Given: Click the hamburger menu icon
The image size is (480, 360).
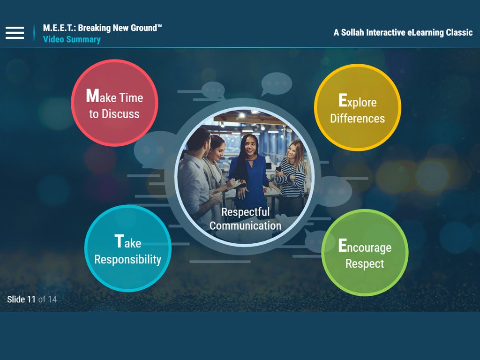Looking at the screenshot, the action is pyautogui.click(x=15, y=33).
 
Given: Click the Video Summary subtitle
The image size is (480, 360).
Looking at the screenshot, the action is pyautogui.click(x=72, y=39).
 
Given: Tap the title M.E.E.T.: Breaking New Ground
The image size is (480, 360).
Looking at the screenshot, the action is pyautogui.click(x=102, y=28).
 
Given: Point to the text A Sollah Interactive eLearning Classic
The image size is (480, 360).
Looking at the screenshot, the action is pyautogui.click(x=403, y=32).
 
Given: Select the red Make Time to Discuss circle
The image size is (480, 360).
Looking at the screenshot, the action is pyautogui.click(x=114, y=103).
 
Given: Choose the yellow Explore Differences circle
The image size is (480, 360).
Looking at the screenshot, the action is pyautogui.click(x=358, y=107).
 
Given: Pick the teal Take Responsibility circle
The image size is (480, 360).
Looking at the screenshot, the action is pyautogui.click(x=127, y=248).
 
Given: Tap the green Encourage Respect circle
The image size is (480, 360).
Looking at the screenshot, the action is pyautogui.click(x=365, y=253).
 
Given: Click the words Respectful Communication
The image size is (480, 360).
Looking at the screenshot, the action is pyautogui.click(x=245, y=218).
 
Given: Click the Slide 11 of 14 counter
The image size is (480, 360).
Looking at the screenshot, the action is pyautogui.click(x=32, y=299).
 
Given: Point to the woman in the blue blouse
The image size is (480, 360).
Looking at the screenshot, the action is pyautogui.click(x=248, y=172).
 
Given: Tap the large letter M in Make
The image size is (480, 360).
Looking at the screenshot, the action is pyautogui.click(x=92, y=96).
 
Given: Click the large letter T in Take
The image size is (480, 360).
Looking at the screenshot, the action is pyautogui.click(x=119, y=241).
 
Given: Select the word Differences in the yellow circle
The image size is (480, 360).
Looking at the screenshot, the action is pyautogui.click(x=357, y=119).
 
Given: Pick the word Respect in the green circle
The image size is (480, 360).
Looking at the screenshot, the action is pyautogui.click(x=365, y=264).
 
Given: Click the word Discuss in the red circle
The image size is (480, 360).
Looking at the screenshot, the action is pyautogui.click(x=120, y=114).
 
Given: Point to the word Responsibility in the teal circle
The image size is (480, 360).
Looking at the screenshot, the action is pyautogui.click(x=127, y=260).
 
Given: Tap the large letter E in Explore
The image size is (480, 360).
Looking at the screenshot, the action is pyautogui.click(x=342, y=100).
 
